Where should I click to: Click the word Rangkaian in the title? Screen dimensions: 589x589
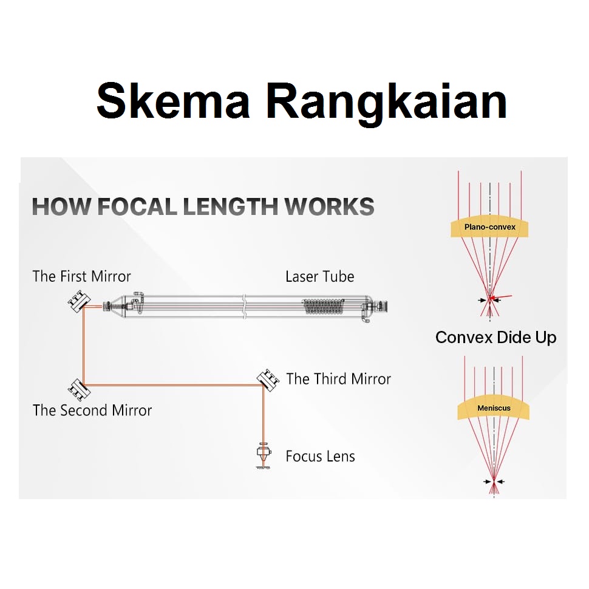tap(386, 101)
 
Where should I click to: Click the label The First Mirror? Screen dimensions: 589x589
tap(81, 277)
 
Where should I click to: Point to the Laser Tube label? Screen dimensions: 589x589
tap(319, 277)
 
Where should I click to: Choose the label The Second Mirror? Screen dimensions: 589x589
tap(92, 410)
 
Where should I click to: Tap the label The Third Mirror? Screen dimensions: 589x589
tap(338, 379)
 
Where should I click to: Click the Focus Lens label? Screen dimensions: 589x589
tap(320, 456)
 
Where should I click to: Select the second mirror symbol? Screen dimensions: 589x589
tap(77, 386)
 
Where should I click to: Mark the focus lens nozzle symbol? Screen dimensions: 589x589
tap(264, 456)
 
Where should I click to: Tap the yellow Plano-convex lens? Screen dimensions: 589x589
tap(489, 227)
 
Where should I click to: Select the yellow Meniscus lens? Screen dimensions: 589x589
tap(493, 409)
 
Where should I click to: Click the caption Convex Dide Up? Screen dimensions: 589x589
tap(495, 338)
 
